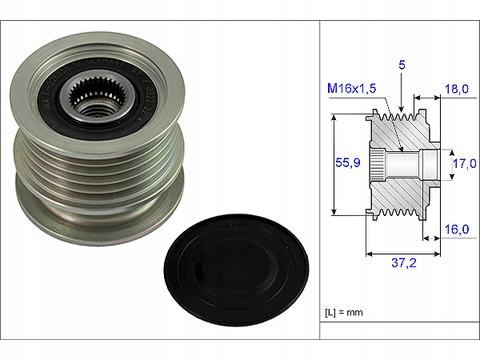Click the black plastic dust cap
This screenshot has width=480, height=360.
click(236, 270)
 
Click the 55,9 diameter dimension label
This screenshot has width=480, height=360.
click(348, 162)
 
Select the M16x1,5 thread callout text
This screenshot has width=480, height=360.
click(352, 88)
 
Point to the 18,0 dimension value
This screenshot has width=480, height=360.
click(457, 89)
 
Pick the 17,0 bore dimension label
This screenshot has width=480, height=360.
click(464, 163)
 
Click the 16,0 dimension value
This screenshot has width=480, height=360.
click(457, 229)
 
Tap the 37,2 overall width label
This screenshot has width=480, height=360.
click(404, 263)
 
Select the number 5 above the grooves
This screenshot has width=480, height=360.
click(402, 65)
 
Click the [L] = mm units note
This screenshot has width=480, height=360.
click(344, 312)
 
